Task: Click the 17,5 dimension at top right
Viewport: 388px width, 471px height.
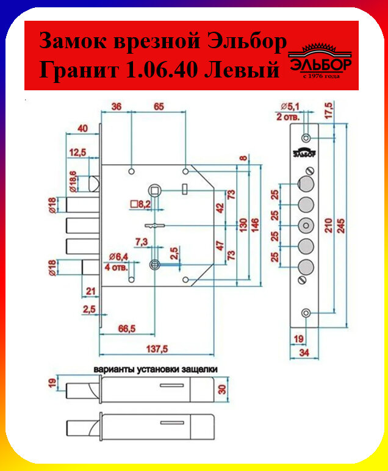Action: [329, 110]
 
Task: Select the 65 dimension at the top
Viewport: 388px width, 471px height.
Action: [159, 107]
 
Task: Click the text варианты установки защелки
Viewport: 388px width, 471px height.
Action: [156, 370]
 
